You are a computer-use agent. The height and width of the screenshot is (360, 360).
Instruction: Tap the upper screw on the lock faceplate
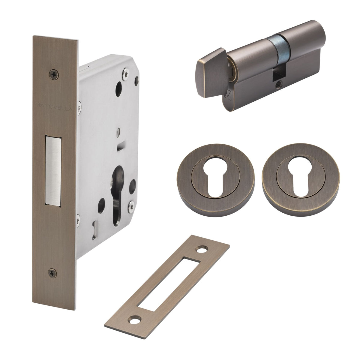click(x=54, y=74)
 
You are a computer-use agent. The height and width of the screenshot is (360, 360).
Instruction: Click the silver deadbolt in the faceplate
click(x=53, y=170)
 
